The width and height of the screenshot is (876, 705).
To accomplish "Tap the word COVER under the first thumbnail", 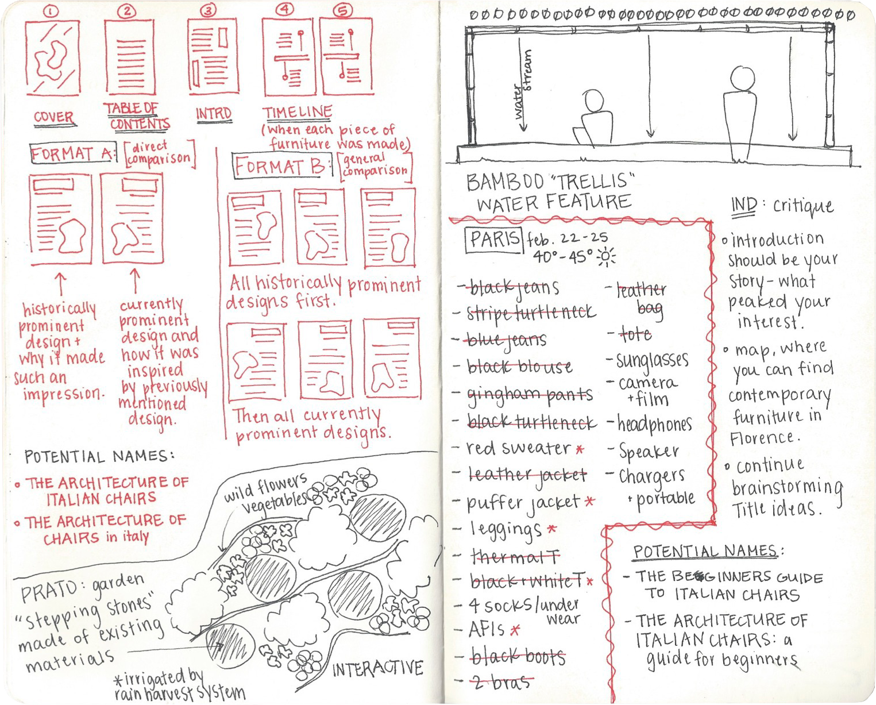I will point(53,117).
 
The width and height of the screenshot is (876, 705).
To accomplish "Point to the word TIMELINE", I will point(297,113).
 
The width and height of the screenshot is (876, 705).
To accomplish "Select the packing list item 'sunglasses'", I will point(652,361).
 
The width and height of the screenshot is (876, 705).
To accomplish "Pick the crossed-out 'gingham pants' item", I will point(529,394).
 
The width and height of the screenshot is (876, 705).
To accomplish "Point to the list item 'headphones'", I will point(654,425).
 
